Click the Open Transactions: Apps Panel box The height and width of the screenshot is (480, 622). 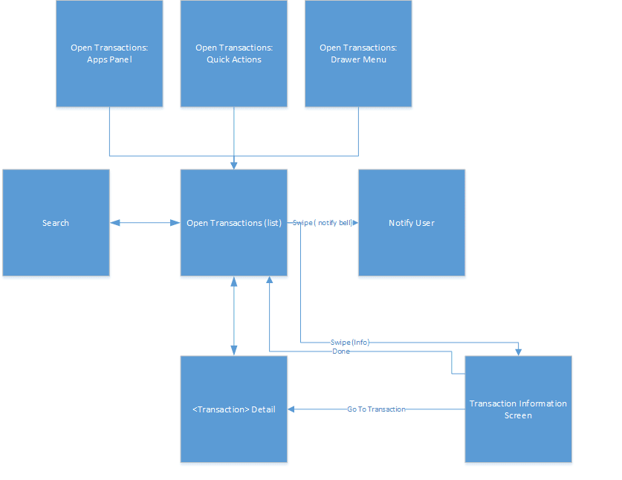(x=109, y=53)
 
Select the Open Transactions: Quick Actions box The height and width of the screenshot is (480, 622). (x=234, y=53)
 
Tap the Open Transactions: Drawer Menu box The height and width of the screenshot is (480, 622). (x=358, y=53)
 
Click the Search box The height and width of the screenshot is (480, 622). (x=56, y=223)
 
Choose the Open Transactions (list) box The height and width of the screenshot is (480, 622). (x=234, y=223)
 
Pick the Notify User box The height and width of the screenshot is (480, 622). (x=412, y=223)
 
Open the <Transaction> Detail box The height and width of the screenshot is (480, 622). (x=234, y=409)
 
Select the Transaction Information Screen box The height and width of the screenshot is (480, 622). (x=518, y=409)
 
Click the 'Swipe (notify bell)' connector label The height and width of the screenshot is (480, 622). (x=323, y=223)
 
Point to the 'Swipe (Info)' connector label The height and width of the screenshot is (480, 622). (x=349, y=343)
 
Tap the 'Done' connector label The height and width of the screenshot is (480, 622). (x=341, y=351)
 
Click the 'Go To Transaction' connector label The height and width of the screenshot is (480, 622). (x=376, y=409)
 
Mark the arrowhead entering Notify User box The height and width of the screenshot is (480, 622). (x=354, y=223)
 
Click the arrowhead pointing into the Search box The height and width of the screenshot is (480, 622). (x=114, y=223)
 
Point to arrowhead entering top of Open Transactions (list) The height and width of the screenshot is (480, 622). (x=234, y=165)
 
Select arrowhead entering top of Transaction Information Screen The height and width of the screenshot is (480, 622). (x=518, y=351)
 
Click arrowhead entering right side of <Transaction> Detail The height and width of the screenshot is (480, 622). (x=292, y=409)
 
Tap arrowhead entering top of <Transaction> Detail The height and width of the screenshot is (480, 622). (x=234, y=351)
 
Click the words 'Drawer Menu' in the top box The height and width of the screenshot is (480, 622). (x=358, y=59)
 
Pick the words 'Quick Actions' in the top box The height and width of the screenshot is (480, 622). (x=234, y=59)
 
